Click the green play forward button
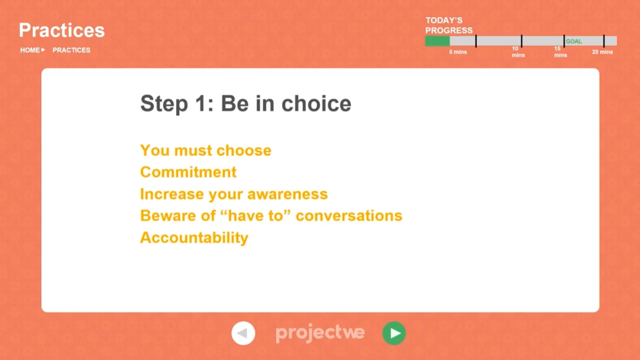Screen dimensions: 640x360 pyautogui.click(x=394, y=333)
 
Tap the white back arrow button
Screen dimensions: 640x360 pyautogui.click(x=243, y=333)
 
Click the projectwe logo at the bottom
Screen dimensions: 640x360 pyautogui.click(x=320, y=333)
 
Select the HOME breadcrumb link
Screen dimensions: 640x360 pyautogui.click(x=29, y=50)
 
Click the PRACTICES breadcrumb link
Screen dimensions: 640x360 pyautogui.click(x=71, y=50)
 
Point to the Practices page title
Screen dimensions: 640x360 pyautogui.click(x=61, y=30)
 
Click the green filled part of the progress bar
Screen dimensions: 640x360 pyautogui.click(x=437, y=41)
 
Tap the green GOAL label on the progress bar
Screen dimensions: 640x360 pyautogui.click(x=573, y=41)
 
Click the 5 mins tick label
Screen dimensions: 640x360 pyautogui.click(x=457, y=52)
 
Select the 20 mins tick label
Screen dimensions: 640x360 pyautogui.click(x=602, y=52)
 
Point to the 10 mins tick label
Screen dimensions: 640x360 pyautogui.click(x=518, y=51)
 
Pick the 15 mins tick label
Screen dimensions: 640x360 pyautogui.click(x=560, y=51)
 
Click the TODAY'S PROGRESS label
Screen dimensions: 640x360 pyautogui.click(x=449, y=25)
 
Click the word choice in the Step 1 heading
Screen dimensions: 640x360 pyautogui.click(x=316, y=103)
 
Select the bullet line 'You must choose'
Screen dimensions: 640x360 pyautogui.click(x=205, y=150)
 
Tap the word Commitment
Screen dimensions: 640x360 pyautogui.click(x=188, y=172)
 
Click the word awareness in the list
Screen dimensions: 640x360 pyautogui.click(x=287, y=194)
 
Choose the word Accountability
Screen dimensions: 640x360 pyautogui.click(x=194, y=237)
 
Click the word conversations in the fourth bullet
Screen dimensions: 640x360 pyautogui.click(x=349, y=215)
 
